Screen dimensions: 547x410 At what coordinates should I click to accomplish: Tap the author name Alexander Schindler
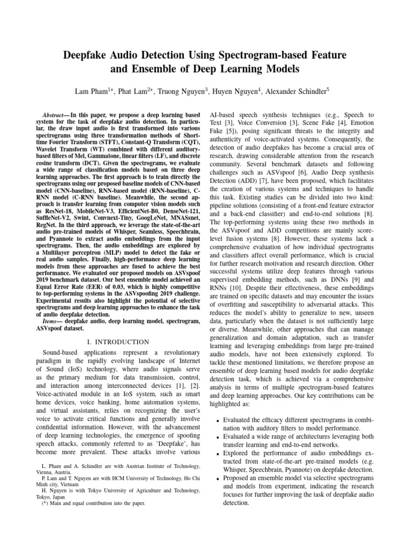click(x=301, y=91)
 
